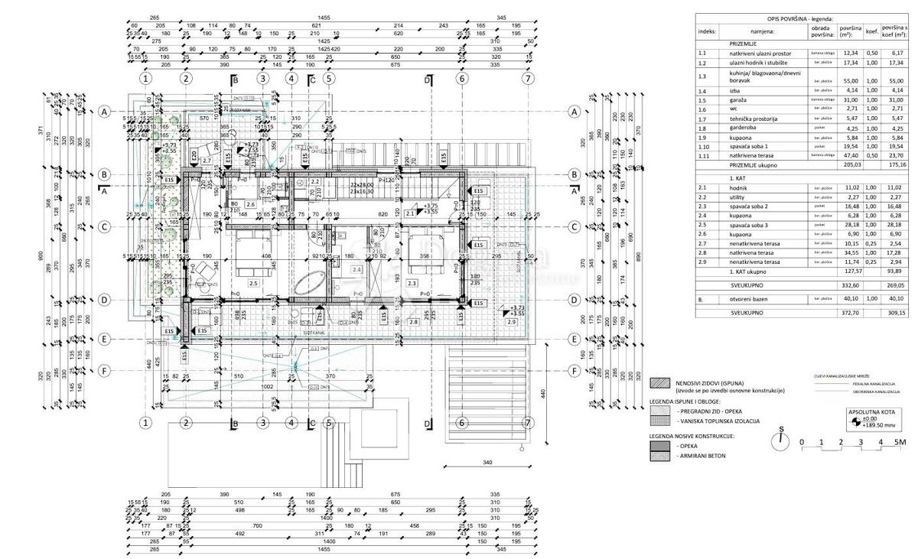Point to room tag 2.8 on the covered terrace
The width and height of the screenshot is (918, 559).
point(414,322)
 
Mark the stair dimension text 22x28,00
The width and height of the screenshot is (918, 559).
point(361,185)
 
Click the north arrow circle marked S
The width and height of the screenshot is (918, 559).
point(780,440)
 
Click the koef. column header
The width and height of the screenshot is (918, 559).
point(871,32)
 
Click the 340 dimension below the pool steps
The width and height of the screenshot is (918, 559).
point(487,463)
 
